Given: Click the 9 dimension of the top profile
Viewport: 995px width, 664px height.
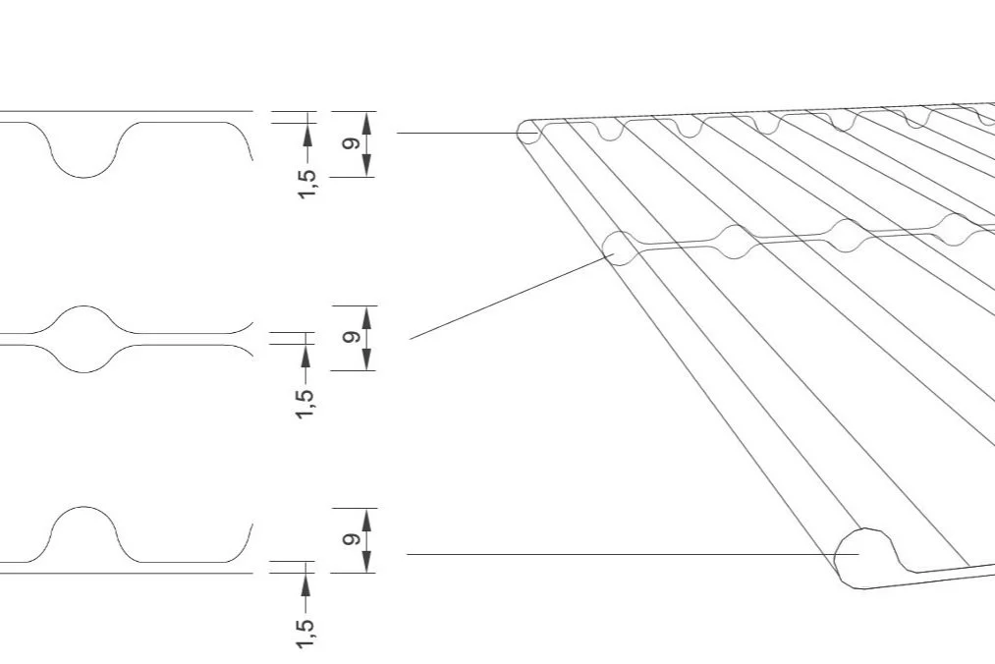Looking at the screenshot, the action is (x=350, y=143).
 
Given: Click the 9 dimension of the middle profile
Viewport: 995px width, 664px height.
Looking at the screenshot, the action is (x=350, y=337).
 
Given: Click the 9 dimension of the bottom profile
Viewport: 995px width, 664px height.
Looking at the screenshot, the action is (x=350, y=539).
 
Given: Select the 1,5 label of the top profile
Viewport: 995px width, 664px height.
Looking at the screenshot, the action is (x=307, y=183).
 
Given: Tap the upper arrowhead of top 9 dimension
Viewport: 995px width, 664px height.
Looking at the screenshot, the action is (x=366, y=123).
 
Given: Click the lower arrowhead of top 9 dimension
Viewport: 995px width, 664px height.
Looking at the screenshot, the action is (x=366, y=165).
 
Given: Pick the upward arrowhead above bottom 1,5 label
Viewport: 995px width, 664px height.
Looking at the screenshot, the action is (x=305, y=584).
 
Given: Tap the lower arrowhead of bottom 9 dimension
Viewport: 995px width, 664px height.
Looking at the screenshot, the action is (x=366, y=561).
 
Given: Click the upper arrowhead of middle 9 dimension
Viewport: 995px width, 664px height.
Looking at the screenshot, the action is (x=366, y=317).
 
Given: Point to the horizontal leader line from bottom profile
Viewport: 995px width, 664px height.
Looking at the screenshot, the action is (x=629, y=554).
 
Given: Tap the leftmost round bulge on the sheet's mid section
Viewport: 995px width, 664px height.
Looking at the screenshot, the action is (x=622, y=247).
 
